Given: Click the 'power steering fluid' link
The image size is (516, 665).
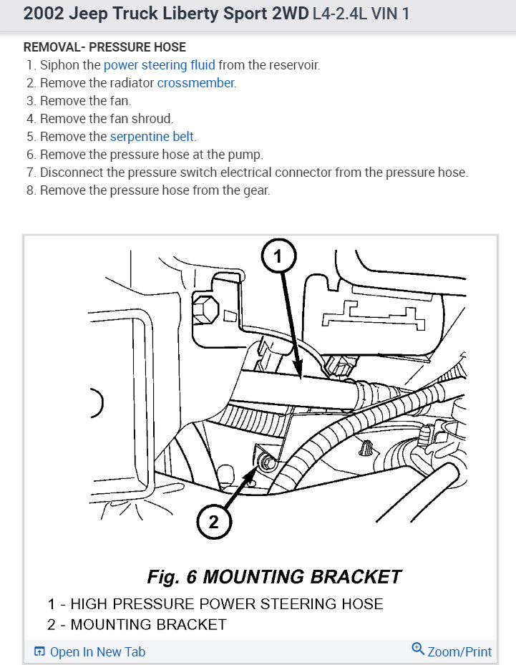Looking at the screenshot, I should tap(159, 65).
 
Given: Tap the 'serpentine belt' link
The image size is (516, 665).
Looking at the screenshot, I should tap(152, 137).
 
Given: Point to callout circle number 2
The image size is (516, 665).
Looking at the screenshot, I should tap(213, 522).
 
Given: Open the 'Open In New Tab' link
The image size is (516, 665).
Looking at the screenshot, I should tap(97, 651).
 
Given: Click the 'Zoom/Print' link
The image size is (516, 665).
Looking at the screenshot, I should tap(459, 651).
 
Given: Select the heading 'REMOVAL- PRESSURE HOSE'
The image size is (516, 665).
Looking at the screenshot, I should tap(104, 47).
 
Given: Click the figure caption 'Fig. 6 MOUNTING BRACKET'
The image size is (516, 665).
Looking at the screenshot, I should tap(274, 576).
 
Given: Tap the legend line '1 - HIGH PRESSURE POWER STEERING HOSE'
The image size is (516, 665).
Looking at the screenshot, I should tap(215, 603).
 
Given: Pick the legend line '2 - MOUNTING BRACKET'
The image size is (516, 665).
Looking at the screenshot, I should tap(137, 624).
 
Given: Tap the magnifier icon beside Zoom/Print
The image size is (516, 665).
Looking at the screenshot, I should tap(418, 650).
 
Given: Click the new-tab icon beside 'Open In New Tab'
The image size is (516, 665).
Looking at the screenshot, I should tap(39, 651).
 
